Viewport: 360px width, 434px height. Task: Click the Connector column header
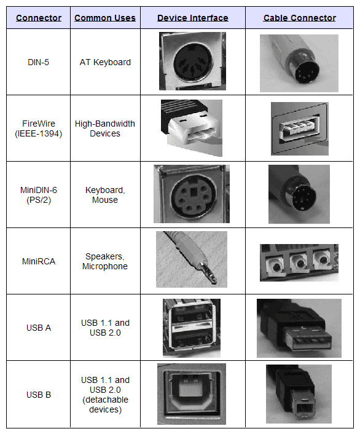pyautogui.click(x=39, y=18)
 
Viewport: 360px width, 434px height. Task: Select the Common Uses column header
pyautogui.click(x=105, y=18)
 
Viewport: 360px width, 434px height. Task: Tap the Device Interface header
pyautogui.click(x=192, y=18)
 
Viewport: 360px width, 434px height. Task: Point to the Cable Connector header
pyautogui.click(x=299, y=18)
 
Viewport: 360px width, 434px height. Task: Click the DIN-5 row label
pyautogui.click(x=39, y=62)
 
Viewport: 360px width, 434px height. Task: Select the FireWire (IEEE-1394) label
pyautogui.click(x=39, y=128)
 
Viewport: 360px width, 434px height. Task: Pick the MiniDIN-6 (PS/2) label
pyautogui.click(x=39, y=195)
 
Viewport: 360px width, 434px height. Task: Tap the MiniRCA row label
pyautogui.click(x=39, y=261)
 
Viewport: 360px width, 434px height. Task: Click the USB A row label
pyautogui.click(x=39, y=328)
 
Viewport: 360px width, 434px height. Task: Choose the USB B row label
pyautogui.click(x=39, y=394)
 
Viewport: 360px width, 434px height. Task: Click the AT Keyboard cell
pyautogui.click(x=105, y=62)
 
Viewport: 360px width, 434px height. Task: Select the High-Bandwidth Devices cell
pyautogui.click(x=105, y=128)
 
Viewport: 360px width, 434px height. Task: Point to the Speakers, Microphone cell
pyautogui.click(x=105, y=261)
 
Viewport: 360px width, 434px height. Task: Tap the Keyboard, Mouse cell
pyautogui.click(x=105, y=195)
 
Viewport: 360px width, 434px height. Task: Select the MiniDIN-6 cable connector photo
pyautogui.click(x=299, y=194)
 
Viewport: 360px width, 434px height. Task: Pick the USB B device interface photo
pyautogui.click(x=192, y=394)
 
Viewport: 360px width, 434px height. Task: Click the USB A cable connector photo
pyautogui.click(x=299, y=328)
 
